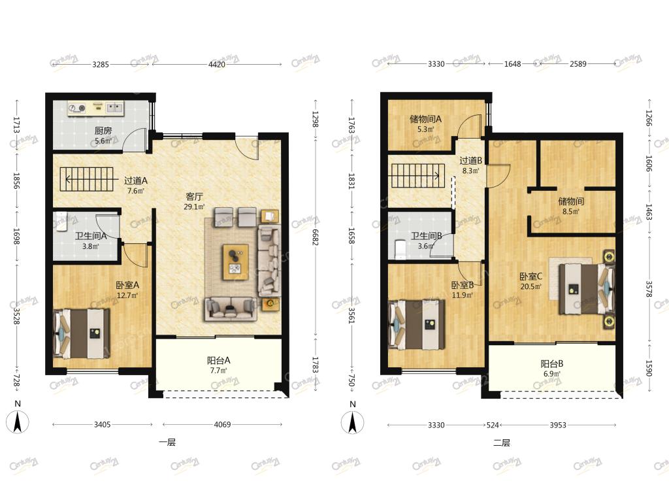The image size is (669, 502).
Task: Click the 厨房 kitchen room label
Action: [x=103, y=131]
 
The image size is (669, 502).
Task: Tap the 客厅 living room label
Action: [x=194, y=197]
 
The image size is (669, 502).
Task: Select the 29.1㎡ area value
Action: [x=194, y=207]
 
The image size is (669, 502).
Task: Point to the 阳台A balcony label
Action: [x=218, y=360]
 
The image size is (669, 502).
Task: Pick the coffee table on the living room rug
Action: [x=235, y=262]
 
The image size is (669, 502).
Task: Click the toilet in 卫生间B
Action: [x=400, y=250]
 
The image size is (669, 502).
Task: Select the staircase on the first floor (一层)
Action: [x=87, y=179]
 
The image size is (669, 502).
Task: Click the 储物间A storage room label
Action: [x=425, y=119]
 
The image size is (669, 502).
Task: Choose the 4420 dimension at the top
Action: [x=217, y=65]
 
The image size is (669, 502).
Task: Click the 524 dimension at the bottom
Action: [x=493, y=425]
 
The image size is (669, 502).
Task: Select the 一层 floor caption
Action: [x=167, y=443]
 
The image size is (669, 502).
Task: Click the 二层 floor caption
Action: [x=502, y=443]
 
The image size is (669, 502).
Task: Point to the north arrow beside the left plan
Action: [x=18, y=422]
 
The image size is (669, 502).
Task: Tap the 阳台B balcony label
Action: [x=552, y=363]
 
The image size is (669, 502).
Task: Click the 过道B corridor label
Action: [x=470, y=161]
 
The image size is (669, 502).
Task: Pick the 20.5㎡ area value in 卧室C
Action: [x=530, y=287]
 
